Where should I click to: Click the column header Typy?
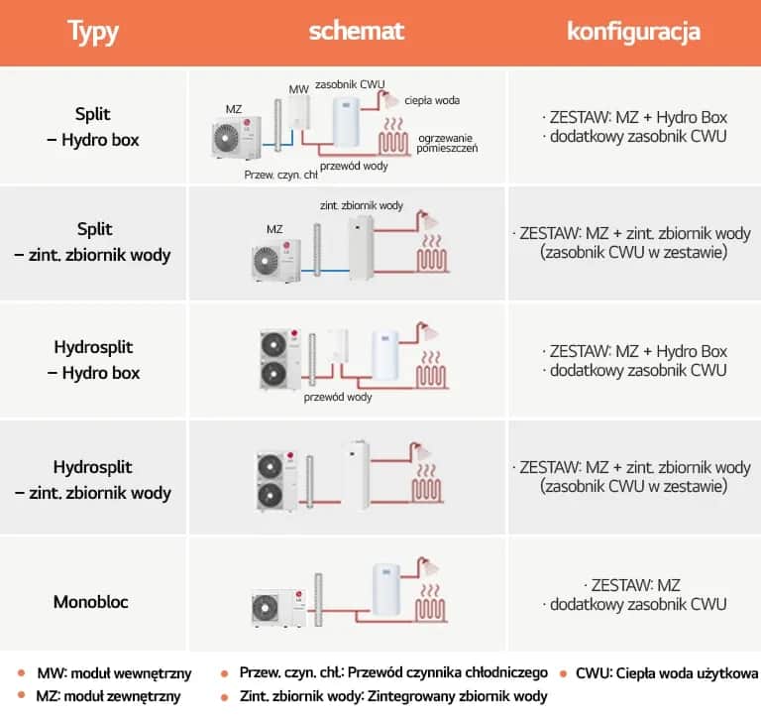pos(93,32)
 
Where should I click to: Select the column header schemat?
pos(356,31)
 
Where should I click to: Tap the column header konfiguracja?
pos(633,32)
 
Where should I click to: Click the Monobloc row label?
pos(93,602)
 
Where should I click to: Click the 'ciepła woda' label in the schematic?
pos(432,100)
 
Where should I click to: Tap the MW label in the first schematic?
pos(299,90)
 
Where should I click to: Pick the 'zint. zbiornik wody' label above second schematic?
pos(361,205)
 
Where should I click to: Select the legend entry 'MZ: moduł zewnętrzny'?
pos(108,696)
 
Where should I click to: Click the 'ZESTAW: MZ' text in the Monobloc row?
pos(633,584)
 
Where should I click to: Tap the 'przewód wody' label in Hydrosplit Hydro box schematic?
pos(338,397)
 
